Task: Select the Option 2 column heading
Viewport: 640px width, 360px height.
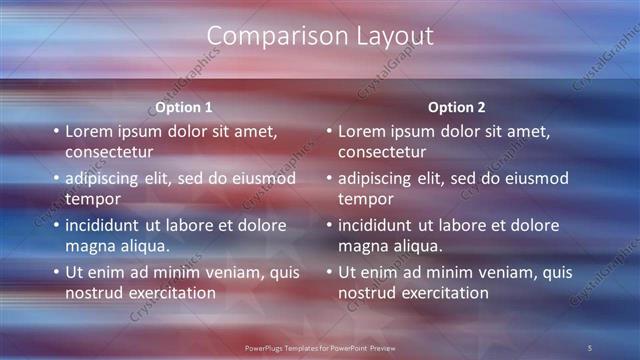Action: click(457, 107)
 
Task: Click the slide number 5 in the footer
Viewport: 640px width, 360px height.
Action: click(590, 347)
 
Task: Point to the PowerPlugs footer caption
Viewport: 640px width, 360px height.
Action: click(320, 347)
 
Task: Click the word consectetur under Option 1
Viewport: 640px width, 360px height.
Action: click(109, 152)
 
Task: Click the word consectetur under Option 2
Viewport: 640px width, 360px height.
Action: click(382, 152)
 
